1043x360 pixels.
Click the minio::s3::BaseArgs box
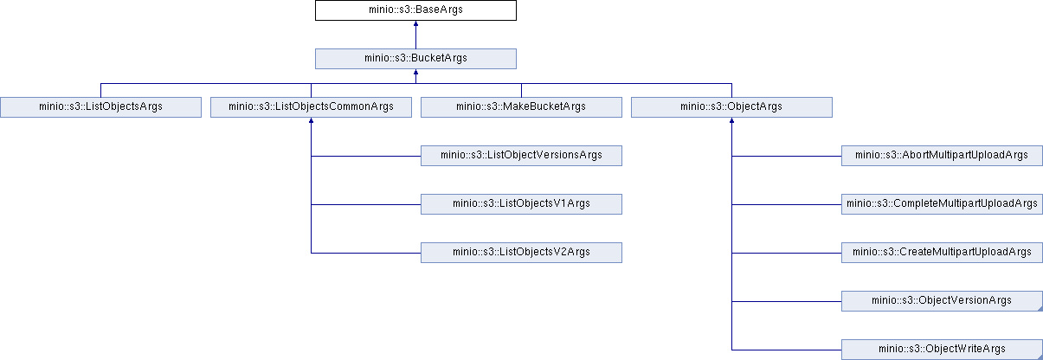click(415, 10)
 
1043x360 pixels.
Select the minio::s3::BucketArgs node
click(415, 59)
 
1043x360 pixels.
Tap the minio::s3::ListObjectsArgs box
click(101, 107)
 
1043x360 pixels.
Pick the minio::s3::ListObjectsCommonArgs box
click(311, 107)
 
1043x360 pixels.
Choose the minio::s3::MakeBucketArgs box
click(521, 107)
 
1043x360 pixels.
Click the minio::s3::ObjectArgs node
click(731, 107)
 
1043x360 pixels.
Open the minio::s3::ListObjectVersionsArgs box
click(521, 156)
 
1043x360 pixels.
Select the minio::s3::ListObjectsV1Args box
click(521, 204)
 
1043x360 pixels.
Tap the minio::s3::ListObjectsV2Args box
click(521, 253)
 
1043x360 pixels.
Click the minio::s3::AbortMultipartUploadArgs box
click(942, 156)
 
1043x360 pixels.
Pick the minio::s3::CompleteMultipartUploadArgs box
click(942, 204)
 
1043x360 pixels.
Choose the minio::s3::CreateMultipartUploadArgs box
click(942, 253)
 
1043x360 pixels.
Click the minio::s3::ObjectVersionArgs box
click(942, 301)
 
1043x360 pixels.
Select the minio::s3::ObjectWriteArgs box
click(942, 350)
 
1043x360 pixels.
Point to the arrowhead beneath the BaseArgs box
click(415, 23)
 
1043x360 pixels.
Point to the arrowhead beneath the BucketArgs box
click(415, 72)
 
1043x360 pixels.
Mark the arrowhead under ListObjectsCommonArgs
click(311, 120)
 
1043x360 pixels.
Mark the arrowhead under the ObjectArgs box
click(731, 120)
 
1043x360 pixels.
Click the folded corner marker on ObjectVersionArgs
click(1040, 308)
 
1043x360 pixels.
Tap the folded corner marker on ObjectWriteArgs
click(1040, 357)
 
